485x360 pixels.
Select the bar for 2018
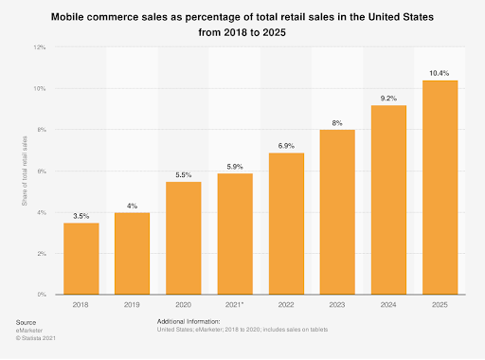point(82,259)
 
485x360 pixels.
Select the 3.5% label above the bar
point(82,215)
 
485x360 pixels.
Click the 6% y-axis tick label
point(40,171)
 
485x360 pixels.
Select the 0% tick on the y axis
point(40,296)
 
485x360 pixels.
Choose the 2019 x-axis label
point(134,305)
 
